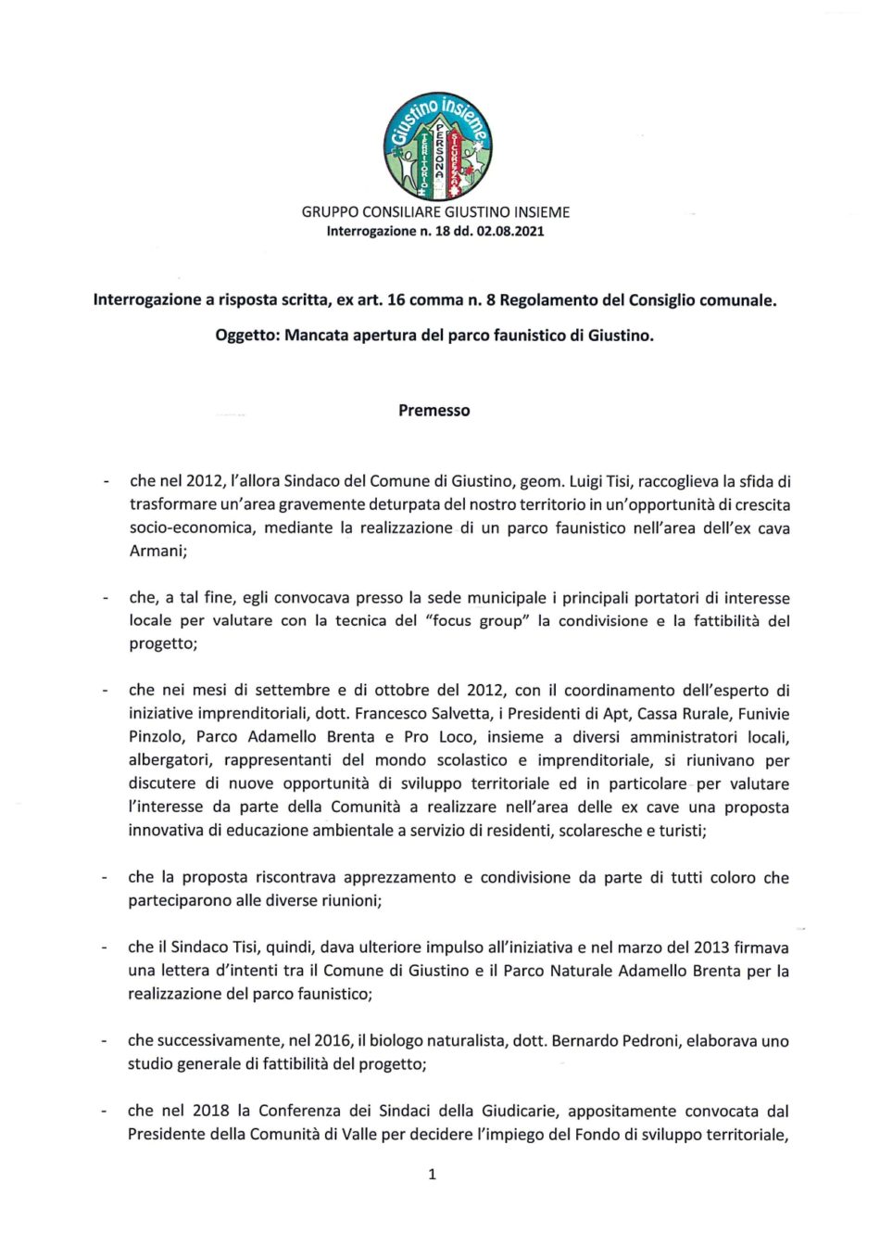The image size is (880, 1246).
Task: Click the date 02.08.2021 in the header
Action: (511, 232)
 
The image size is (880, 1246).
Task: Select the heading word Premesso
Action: (434, 411)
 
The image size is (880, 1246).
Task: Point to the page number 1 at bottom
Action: (433, 1175)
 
